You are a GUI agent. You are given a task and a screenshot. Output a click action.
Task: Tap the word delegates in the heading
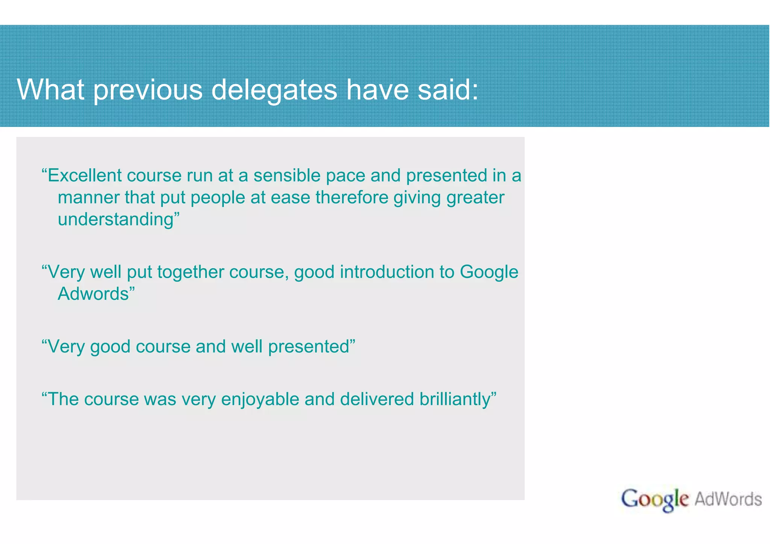coord(274,90)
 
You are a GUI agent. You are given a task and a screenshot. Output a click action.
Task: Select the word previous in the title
coord(148,90)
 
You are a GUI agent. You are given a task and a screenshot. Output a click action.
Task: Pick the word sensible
coord(286,175)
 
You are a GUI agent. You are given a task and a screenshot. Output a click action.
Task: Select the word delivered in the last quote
coord(377,399)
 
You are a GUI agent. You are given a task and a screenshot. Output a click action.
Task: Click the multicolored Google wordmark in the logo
coord(655,500)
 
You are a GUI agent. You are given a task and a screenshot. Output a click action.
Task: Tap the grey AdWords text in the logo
coord(728,499)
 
